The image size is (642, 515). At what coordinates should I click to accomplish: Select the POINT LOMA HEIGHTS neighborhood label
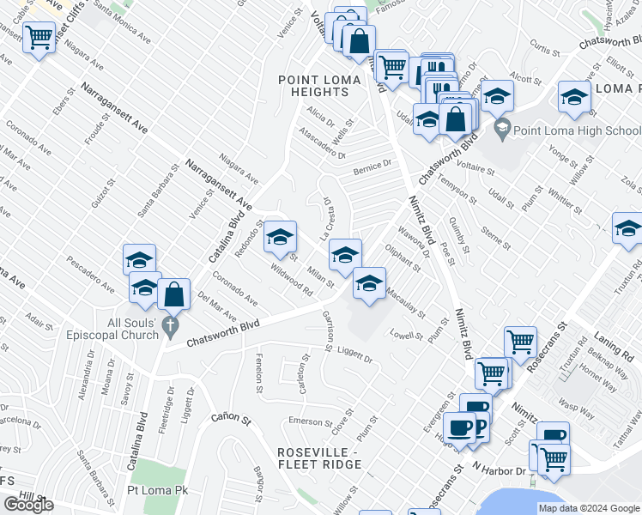(x=325, y=88)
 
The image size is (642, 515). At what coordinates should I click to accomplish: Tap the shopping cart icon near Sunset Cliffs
(x=39, y=38)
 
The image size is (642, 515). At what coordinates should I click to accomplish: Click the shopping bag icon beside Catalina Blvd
(x=174, y=294)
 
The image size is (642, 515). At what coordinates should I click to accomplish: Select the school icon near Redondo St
(x=280, y=237)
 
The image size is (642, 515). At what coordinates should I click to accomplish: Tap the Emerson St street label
(x=310, y=421)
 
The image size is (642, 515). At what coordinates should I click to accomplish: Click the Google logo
(x=28, y=505)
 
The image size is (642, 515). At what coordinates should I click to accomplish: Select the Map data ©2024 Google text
(x=589, y=508)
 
